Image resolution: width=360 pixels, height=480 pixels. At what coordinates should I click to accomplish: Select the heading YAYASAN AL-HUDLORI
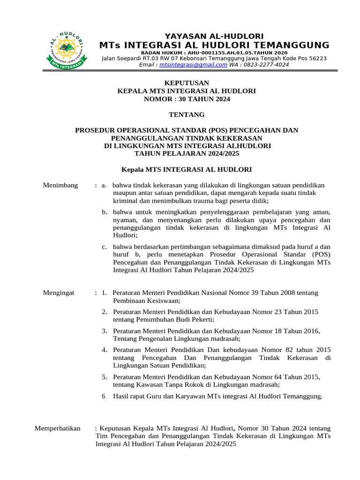pyautogui.click(x=214, y=36)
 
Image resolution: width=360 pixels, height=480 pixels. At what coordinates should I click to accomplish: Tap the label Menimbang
pyautogui.click(x=60, y=185)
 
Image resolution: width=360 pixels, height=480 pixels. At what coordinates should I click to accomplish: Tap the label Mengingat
pyautogui.click(x=59, y=293)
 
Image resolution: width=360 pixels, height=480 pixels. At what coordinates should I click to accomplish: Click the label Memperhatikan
pyautogui.click(x=58, y=428)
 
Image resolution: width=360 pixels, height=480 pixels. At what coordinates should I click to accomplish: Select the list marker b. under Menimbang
pyautogui.click(x=105, y=212)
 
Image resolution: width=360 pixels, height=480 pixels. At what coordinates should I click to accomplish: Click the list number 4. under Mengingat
pyautogui.click(x=105, y=350)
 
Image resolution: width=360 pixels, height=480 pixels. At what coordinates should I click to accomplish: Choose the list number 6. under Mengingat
pyautogui.click(x=105, y=397)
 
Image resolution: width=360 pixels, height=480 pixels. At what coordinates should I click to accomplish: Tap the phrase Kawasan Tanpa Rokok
pyautogui.click(x=170, y=384)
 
